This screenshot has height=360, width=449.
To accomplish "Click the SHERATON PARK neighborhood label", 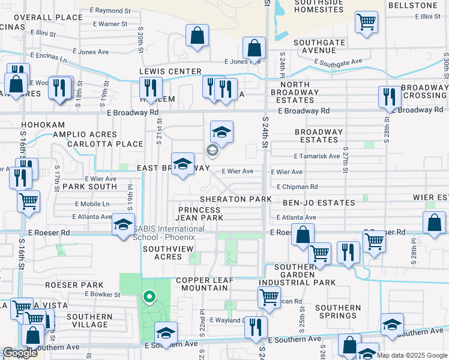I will [x=236, y=199].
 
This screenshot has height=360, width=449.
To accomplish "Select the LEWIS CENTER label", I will [x=170, y=71].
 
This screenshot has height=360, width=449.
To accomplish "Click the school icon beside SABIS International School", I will [x=123, y=226].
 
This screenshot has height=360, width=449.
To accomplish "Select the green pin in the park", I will [x=149, y=296].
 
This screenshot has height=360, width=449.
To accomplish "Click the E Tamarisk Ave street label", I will [x=317, y=156].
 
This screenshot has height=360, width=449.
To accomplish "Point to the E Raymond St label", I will [x=110, y=11].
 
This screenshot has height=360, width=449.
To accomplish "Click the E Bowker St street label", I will [x=103, y=294].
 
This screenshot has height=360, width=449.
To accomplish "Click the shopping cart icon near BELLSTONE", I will [x=366, y=23].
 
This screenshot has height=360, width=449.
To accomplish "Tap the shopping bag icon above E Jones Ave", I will [x=255, y=48].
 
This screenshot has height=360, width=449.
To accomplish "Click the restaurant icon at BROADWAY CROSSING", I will [x=390, y=97].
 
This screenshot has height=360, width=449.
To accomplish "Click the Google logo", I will [x=20, y=353].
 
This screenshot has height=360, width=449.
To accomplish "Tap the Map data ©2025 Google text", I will [x=411, y=355].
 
